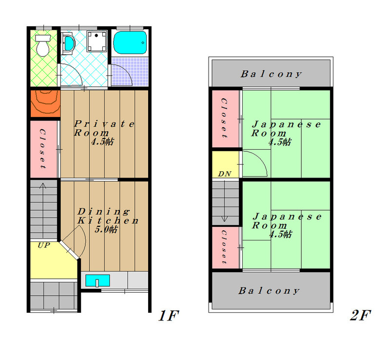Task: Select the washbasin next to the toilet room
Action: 68,43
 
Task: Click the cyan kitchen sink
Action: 97,281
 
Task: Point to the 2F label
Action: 361,316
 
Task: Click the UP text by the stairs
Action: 43,245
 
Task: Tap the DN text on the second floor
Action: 224,174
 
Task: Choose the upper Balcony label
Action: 271,75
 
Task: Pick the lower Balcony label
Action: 269,291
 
